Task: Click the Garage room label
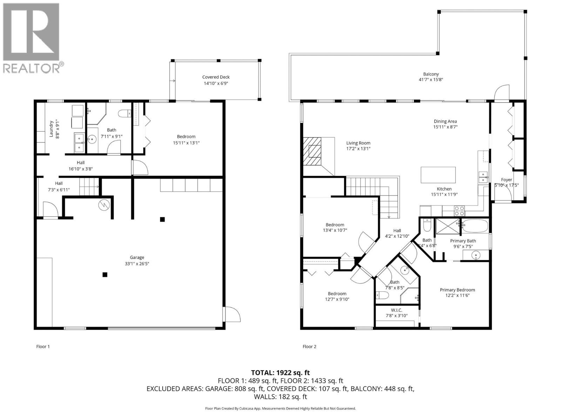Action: click(x=137, y=257)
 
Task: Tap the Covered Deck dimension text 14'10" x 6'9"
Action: click(x=216, y=83)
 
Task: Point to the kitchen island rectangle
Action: click(x=438, y=175)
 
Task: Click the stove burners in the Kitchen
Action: click(x=459, y=211)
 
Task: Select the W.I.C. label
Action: click(x=397, y=310)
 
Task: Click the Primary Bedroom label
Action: click(x=457, y=290)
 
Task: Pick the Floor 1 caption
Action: click(x=43, y=346)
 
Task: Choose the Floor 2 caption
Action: click(x=309, y=346)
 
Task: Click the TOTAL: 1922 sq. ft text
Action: click(x=280, y=373)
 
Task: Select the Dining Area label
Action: click(x=445, y=121)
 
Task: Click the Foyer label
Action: click(x=506, y=180)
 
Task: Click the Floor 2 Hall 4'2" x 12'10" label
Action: click(x=397, y=231)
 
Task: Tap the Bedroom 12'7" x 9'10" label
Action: click(x=337, y=294)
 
